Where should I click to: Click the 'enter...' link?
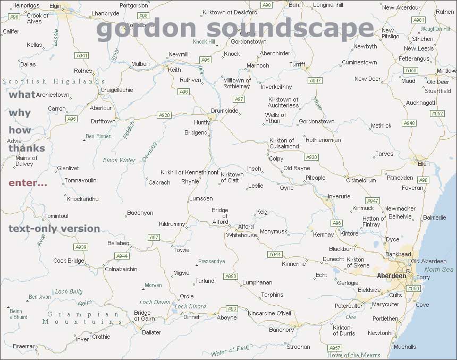pyautogui.click(x=28, y=183)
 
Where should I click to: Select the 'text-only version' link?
pyautogui.click(x=54, y=229)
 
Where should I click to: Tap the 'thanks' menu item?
pyautogui.click(x=27, y=148)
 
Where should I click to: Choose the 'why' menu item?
pyautogui.click(x=20, y=113)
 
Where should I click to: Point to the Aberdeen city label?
pyautogui.click(x=391, y=276)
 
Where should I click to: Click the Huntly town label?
pyautogui.click(x=202, y=122)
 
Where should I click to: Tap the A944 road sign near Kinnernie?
pyautogui.click(x=275, y=255)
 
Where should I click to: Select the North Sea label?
pyautogui.click(x=438, y=270)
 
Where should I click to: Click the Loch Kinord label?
pyautogui.click(x=190, y=306)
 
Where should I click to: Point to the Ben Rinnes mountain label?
pyautogui.click(x=98, y=137)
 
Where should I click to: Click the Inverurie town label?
pyautogui.click(x=339, y=196)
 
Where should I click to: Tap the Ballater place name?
pyautogui.click(x=151, y=332)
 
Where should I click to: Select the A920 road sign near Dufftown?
pyautogui.click(x=164, y=115)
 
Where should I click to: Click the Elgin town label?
pyautogui.click(x=55, y=5)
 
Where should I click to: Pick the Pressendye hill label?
pyautogui.click(x=211, y=262)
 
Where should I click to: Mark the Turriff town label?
pyautogui.click(x=297, y=64)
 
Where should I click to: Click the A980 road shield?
pyautogui.click(x=231, y=277)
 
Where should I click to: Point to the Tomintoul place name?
pyautogui.click(x=56, y=216)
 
